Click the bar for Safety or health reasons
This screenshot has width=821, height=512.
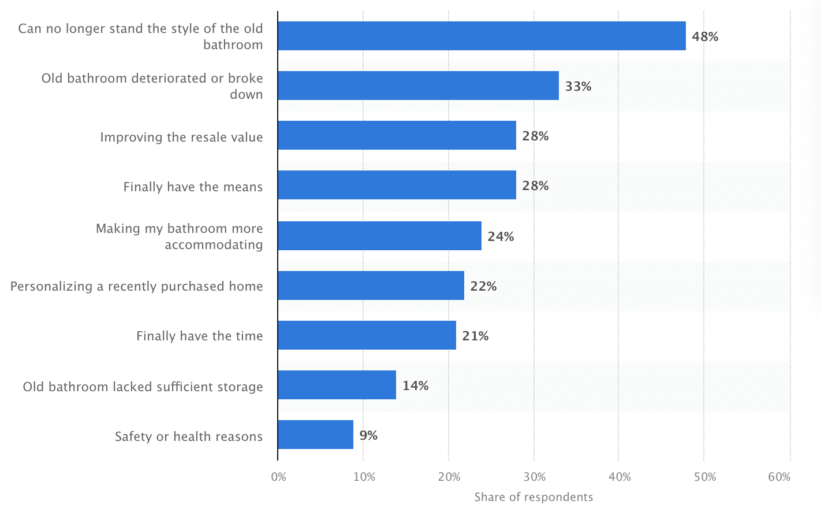pos(315,435)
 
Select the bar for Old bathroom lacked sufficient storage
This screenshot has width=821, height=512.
pos(337,385)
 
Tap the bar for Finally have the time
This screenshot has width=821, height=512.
pos(367,335)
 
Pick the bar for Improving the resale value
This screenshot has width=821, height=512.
pos(397,135)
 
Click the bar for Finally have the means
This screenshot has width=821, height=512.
pos(397,185)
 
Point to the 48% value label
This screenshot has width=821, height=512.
pos(705,37)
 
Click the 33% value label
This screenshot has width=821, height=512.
pos(578,87)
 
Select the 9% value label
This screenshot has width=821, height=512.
pos(368,436)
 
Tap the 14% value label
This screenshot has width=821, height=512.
pos(415,386)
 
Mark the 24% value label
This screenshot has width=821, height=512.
pos(501,237)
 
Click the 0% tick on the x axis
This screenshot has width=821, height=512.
pos(278,477)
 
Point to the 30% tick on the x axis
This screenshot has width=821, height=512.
pos(535,477)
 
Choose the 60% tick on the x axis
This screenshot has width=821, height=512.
pos(779,477)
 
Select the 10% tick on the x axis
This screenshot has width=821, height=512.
pos(364,477)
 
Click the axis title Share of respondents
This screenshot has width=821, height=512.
pos(533,497)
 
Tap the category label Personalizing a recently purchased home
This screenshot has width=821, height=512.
pos(137,287)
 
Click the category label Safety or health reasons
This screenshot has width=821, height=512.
pos(189,437)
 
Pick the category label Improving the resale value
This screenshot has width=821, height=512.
pos(181,138)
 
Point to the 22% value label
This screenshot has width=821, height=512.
pos(483,287)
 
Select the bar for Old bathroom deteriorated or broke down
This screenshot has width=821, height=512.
pos(418,86)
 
